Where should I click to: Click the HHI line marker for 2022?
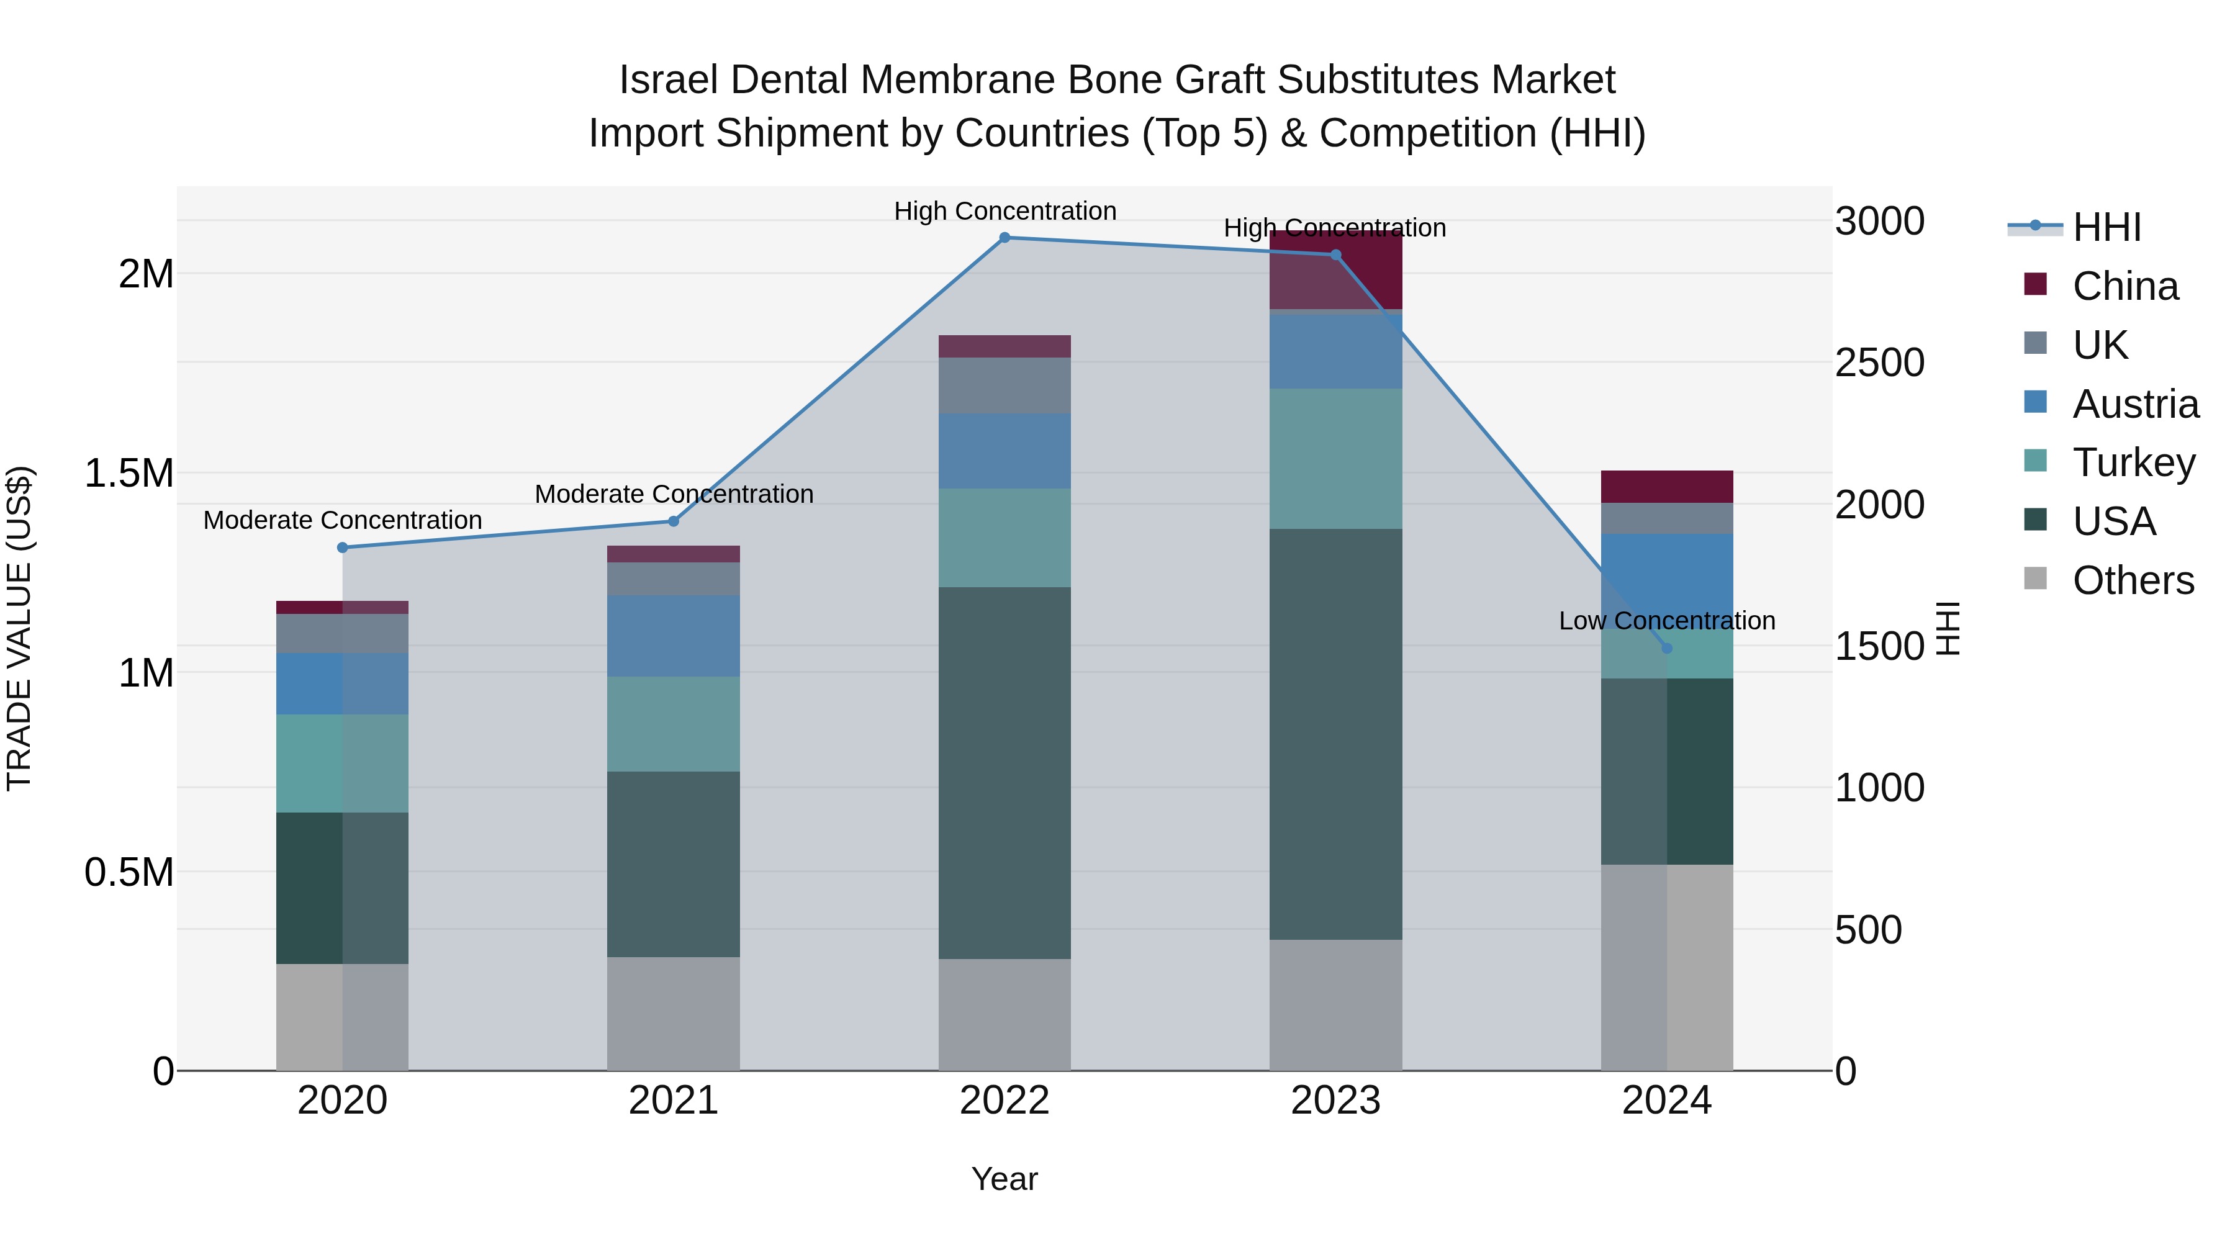click(x=1005, y=237)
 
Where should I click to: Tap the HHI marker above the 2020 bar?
click(x=342, y=547)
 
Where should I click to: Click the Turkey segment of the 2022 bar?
click(x=1005, y=538)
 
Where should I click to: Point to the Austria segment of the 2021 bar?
click(x=673, y=636)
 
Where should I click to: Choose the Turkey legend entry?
click(x=2133, y=462)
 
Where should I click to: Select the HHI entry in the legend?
click(x=2106, y=227)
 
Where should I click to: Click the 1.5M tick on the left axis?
click(x=129, y=474)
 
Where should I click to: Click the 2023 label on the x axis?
click(x=1335, y=1101)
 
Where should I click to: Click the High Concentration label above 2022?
click(x=1005, y=211)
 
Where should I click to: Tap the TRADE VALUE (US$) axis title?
click(x=19, y=628)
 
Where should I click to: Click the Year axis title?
click(x=1005, y=1179)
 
